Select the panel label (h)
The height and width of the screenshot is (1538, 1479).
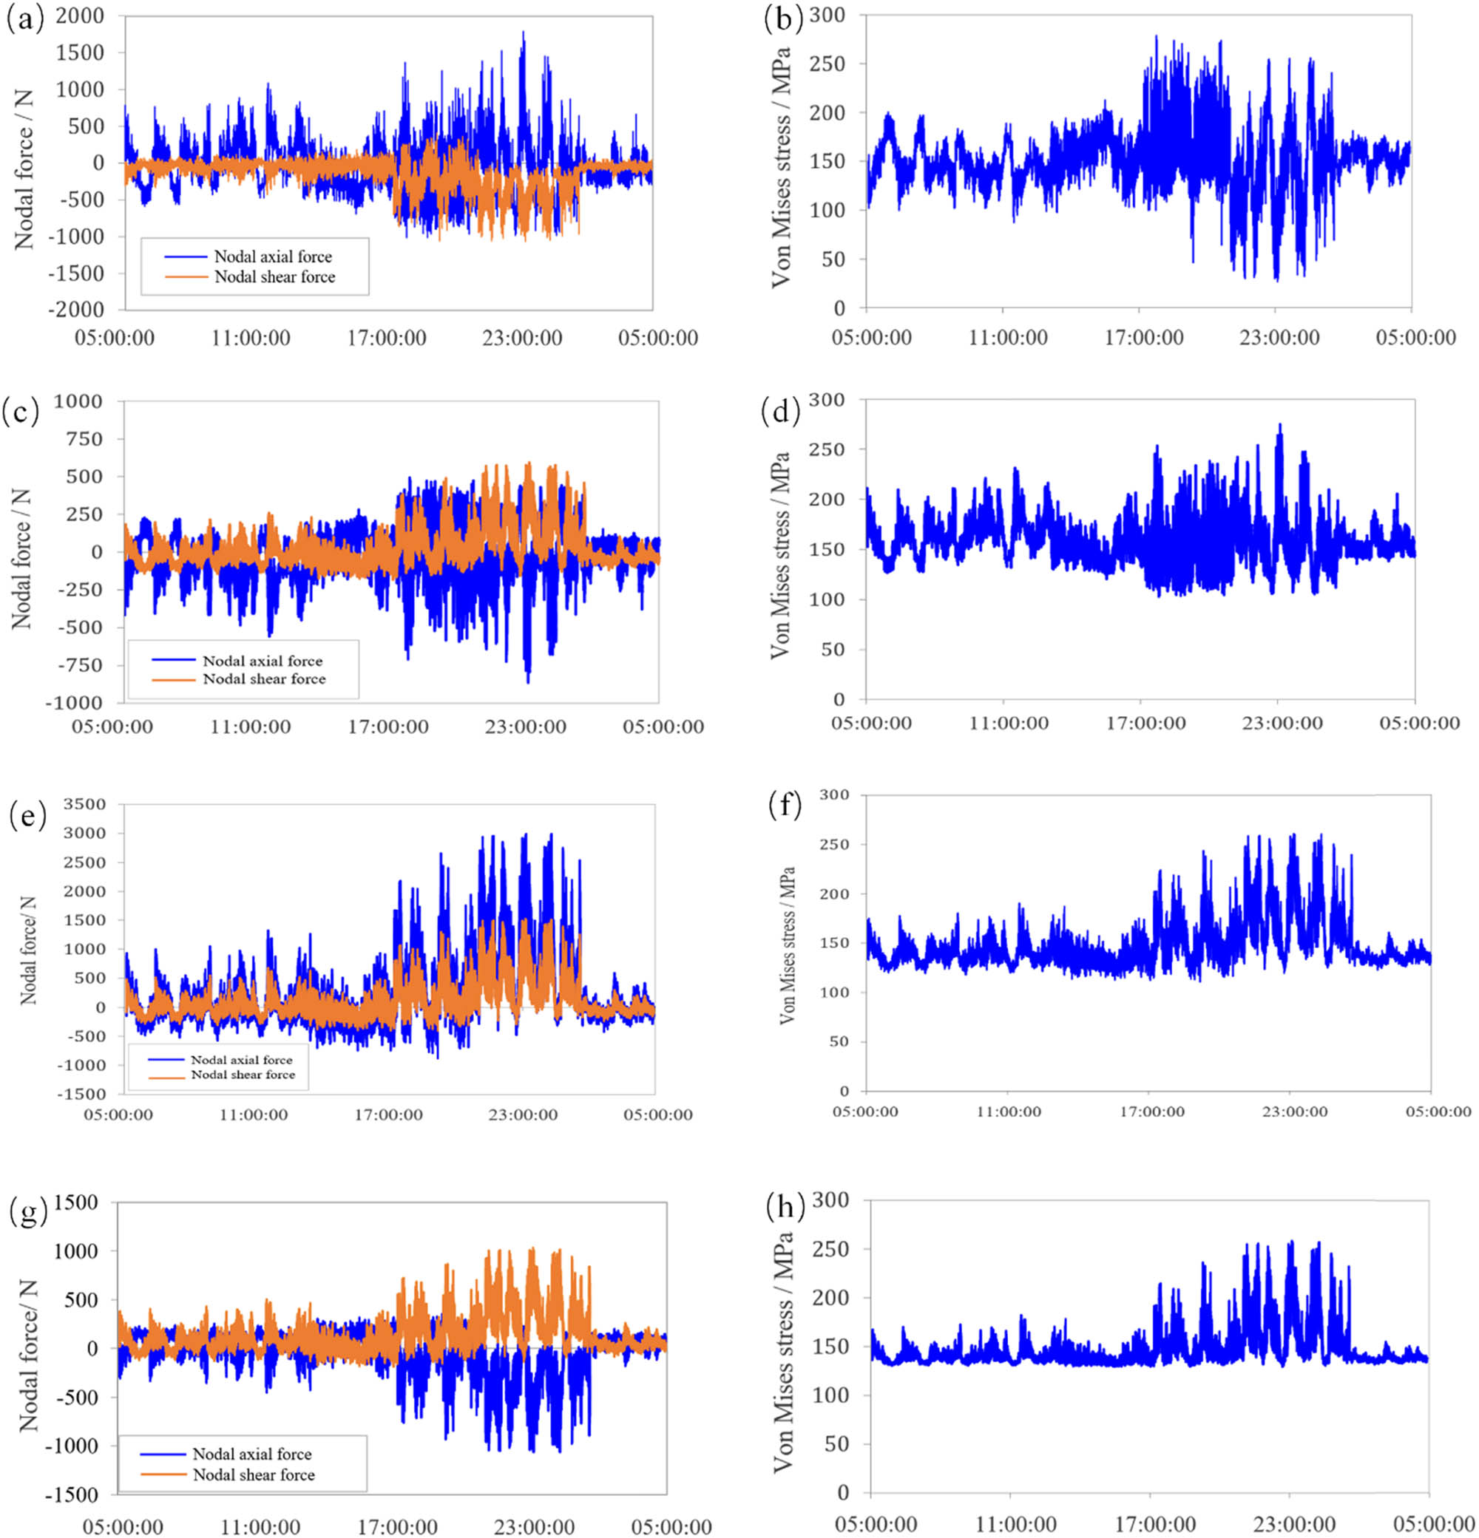point(785,1209)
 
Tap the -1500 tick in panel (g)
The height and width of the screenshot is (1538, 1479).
point(73,1495)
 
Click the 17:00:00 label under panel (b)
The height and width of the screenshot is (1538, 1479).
point(1144,338)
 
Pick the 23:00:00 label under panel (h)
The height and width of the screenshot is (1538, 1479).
point(1293,1525)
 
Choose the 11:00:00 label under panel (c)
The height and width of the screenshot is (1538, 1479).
point(250,727)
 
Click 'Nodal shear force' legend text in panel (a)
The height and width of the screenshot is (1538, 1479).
point(275,277)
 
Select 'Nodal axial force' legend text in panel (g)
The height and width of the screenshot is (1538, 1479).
point(252,1454)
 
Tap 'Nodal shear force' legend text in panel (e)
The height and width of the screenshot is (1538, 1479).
point(243,1075)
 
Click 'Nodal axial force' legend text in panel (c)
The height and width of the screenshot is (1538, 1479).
point(263,661)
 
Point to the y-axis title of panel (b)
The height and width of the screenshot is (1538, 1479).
point(780,168)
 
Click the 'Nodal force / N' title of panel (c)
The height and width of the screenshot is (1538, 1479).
point(21,559)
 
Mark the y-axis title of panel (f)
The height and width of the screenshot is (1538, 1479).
point(788,945)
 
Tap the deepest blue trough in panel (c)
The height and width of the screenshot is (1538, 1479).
point(528,681)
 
